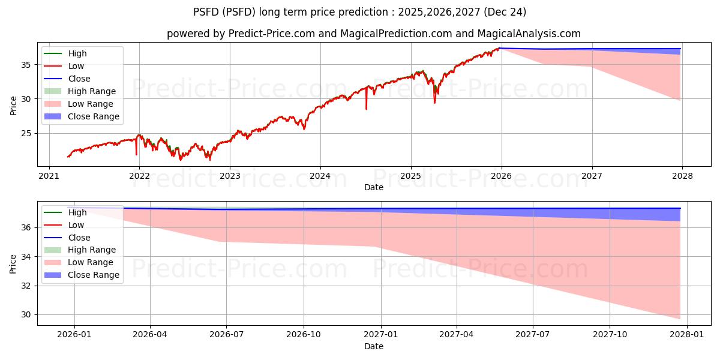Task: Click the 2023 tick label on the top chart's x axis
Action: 230,176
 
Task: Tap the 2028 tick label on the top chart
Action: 682,176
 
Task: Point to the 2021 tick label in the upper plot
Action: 49,176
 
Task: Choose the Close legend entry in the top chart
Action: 79,79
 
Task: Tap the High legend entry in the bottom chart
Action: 77,212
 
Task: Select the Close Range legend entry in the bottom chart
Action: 94,275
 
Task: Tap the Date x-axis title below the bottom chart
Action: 374,346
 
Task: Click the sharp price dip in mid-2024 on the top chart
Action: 366,109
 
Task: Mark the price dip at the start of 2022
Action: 136,154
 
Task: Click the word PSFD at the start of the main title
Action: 206,11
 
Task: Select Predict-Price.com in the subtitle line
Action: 272,34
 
